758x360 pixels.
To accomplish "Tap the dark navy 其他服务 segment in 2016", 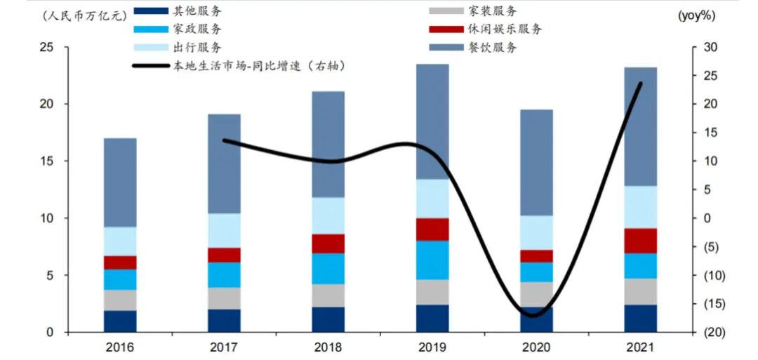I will click(120, 321).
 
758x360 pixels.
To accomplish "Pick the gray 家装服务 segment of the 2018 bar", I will click(328, 295).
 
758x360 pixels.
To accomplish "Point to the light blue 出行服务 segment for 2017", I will click(224, 230).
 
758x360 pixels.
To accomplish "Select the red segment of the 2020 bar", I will click(536, 256).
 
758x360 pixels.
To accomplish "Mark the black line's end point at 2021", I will click(640, 84).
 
